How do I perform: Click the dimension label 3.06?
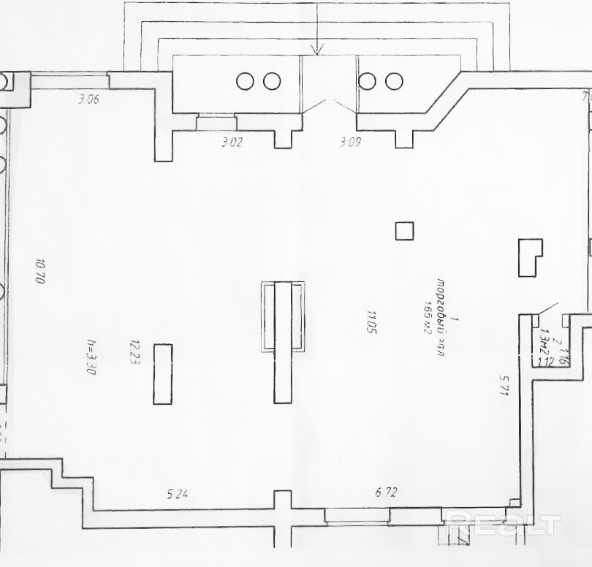(88, 100)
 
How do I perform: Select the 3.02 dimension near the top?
(231, 142)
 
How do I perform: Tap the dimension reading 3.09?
(351, 142)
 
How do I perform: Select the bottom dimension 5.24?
(178, 494)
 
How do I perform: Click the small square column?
(404, 231)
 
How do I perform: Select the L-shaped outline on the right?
(529, 257)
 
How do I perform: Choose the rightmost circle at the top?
(394, 81)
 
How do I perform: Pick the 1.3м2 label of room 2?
(542, 344)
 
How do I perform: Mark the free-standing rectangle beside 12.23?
(162, 373)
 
